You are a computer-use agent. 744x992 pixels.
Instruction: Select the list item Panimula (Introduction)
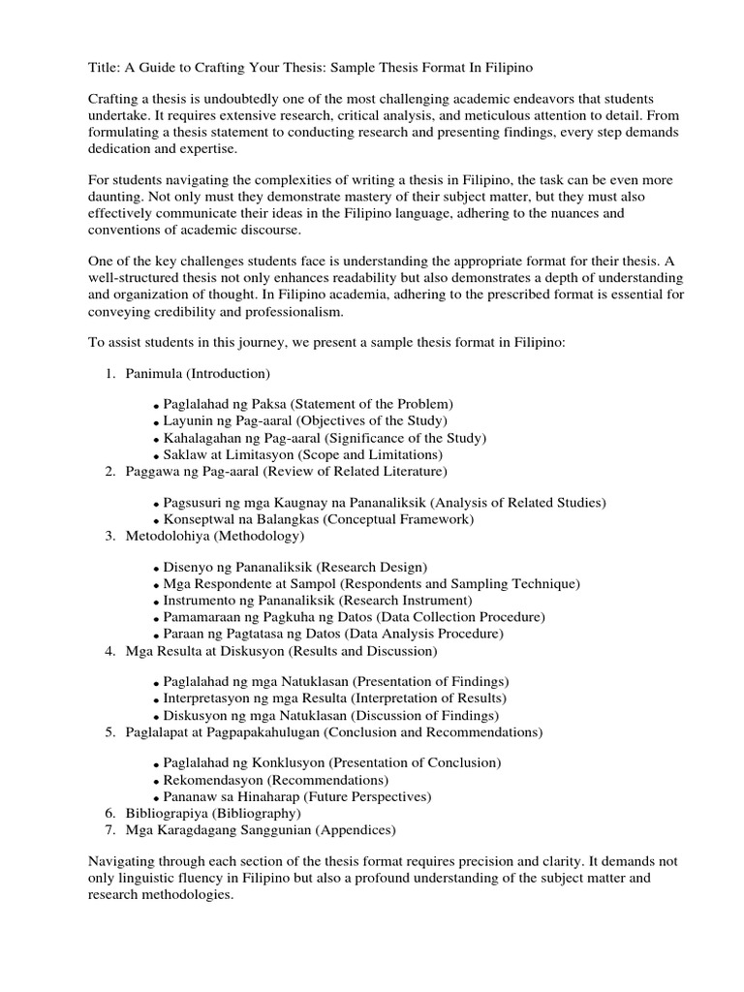click(198, 373)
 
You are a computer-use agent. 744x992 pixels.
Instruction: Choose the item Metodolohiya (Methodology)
click(215, 536)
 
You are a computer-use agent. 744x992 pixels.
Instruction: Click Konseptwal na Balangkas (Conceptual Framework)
click(318, 519)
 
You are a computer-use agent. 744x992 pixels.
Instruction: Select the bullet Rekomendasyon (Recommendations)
click(276, 780)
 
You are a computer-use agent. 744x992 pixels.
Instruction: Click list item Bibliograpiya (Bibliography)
click(213, 813)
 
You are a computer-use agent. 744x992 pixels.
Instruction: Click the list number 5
click(109, 731)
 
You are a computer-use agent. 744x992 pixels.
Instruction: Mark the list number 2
click(109, 471)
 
